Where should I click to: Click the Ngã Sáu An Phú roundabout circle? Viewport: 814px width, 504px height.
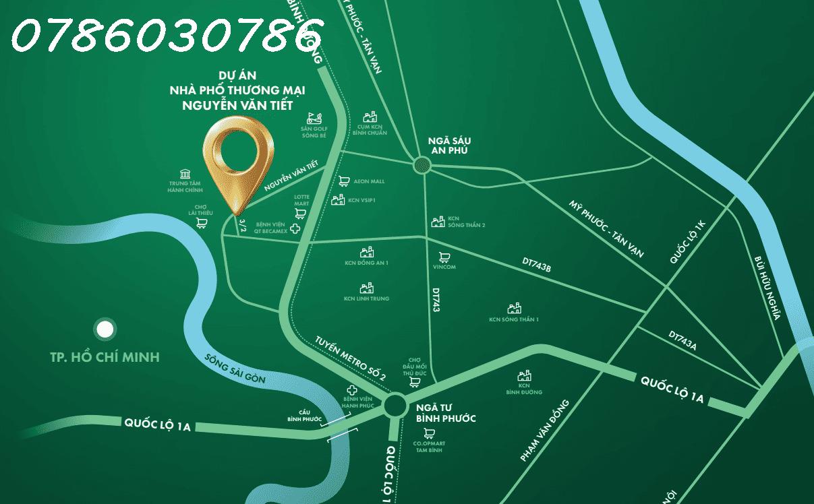pyautogui.click(x=421, y=164)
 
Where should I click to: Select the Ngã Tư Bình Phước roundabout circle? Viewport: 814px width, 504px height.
pyautogui.click(x=395, y=406)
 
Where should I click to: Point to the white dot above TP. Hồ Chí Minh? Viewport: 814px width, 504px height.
pyautogui.click(x=104, y=329)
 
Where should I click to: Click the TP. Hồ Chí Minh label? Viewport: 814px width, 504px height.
pyautogui.click(x=105, y=357)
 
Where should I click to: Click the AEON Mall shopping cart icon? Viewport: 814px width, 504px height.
pyautogui.click(x=343, y=181)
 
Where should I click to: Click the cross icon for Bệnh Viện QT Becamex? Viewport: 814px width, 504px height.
pyautogui.click(x=295, y=229)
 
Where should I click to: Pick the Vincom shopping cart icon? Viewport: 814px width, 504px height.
pyautogui.click(x=444, y=257)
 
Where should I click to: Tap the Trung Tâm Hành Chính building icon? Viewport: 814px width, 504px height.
pyautogui.click(x=186, y=173)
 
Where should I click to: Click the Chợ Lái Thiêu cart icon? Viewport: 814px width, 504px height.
pyautogui.click(x=200, y=223)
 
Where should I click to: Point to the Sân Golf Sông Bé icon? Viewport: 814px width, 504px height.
pyautogui.click(x=314, y=117)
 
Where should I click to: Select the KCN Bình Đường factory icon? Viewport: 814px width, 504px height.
pyautogui.click(x=524, y=376)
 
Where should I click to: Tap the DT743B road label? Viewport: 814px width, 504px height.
pyautogui.click(x=537, y=264)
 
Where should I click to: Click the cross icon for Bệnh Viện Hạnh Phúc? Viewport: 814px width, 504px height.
pyautogui.click(x=351, y=390)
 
